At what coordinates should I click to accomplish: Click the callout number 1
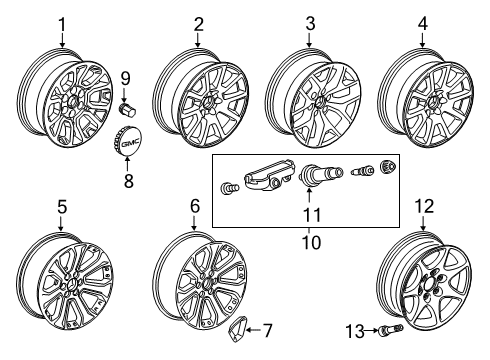(x=62, y=23)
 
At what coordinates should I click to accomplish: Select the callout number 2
(x=198, y=23)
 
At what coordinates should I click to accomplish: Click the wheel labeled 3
(x=312, y=100)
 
